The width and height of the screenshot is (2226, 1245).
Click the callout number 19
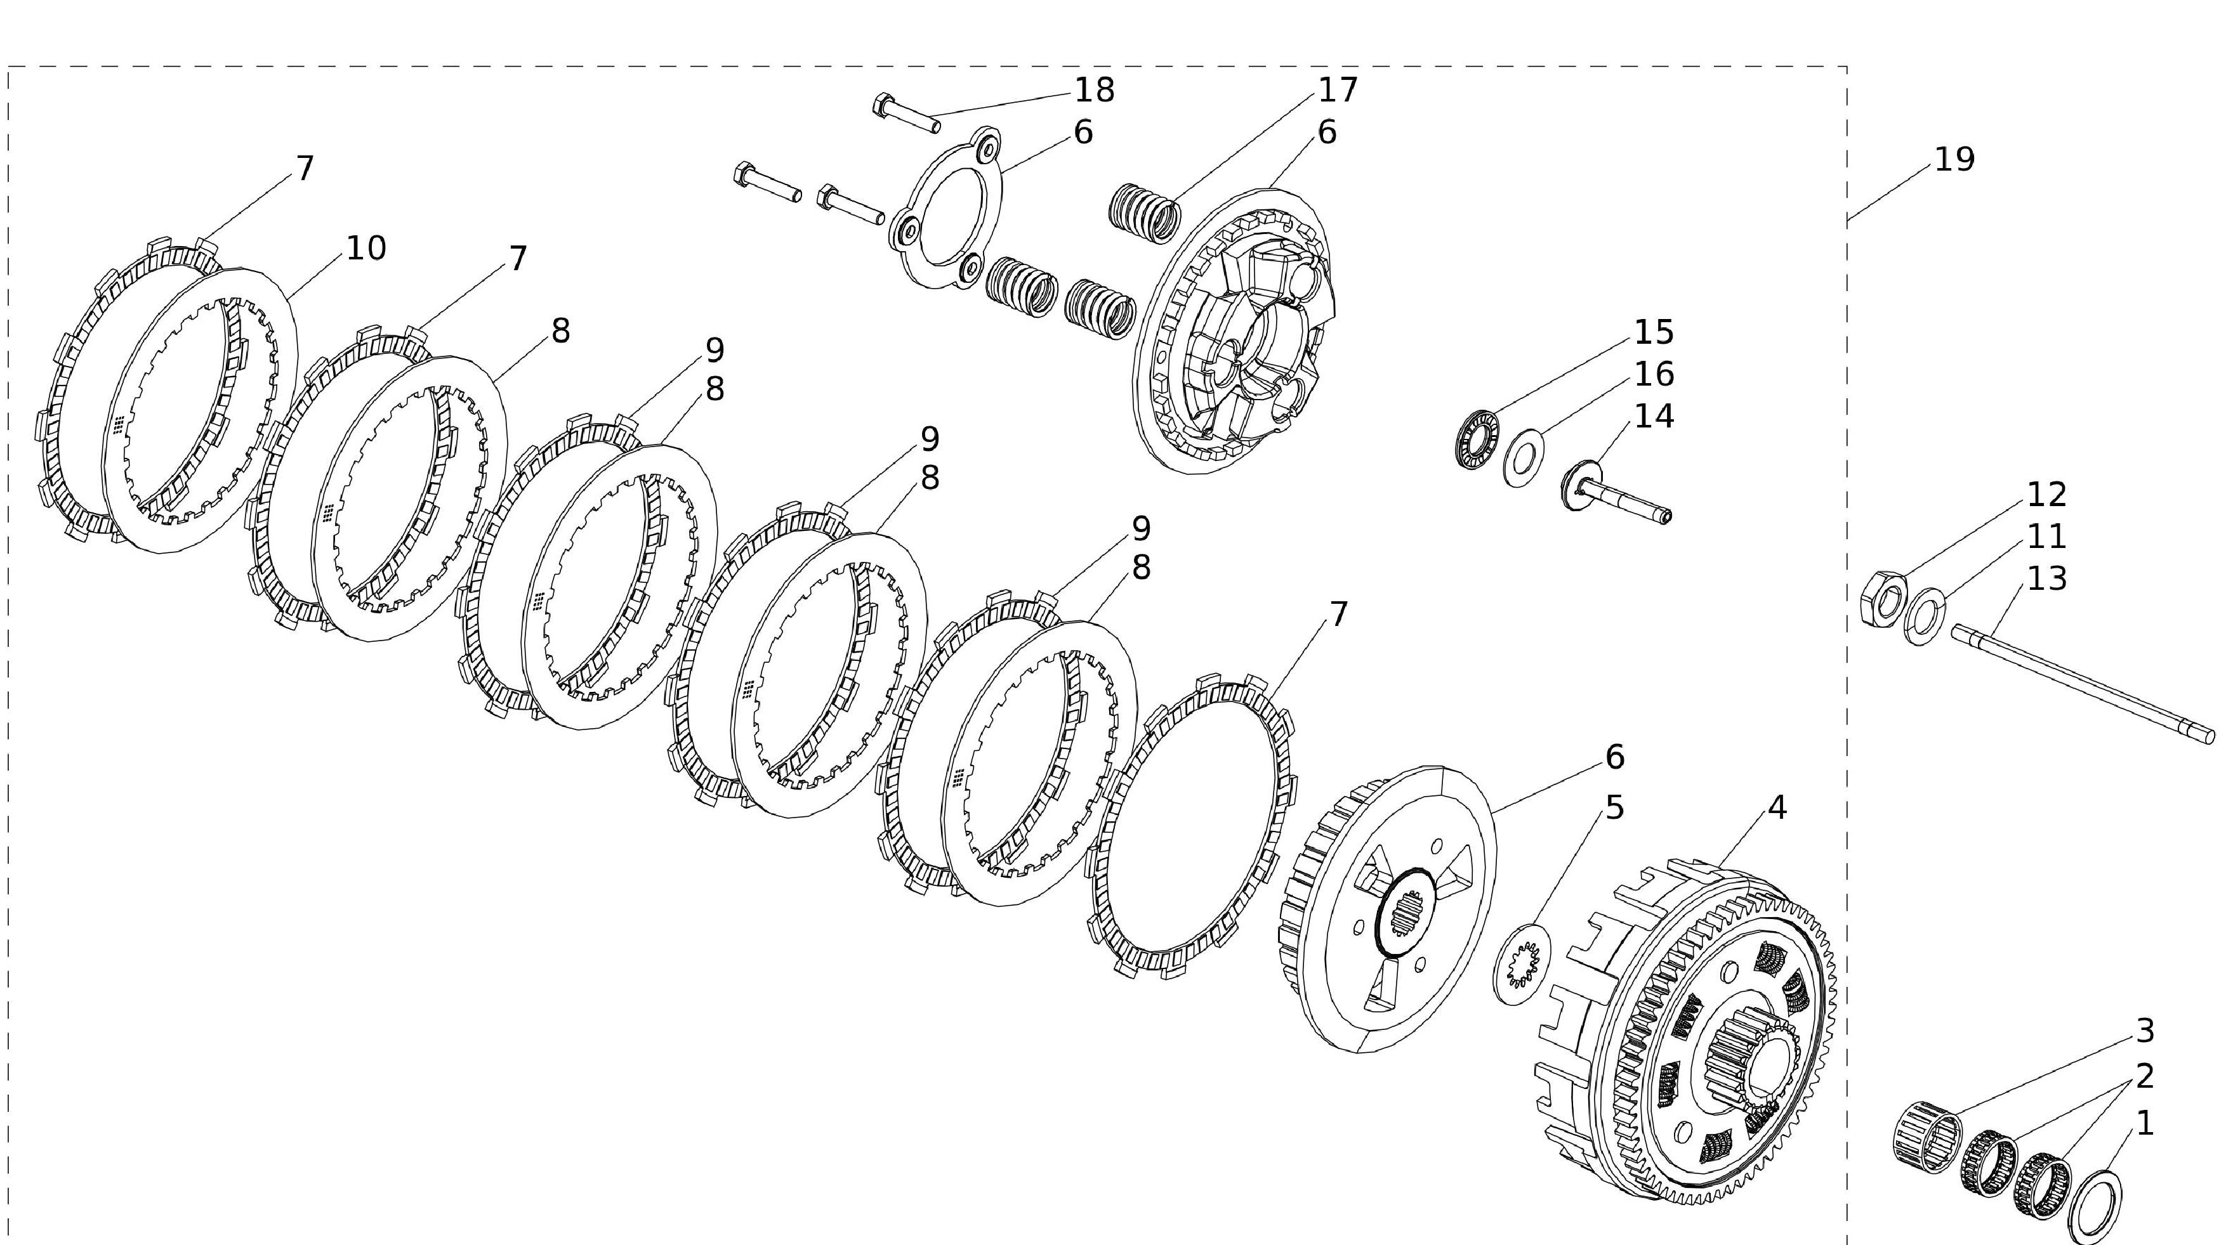[1954, 160]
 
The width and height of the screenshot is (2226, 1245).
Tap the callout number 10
[366, 249]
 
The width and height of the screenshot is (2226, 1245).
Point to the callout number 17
[1338, 89]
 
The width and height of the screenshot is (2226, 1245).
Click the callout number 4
[1777, 808]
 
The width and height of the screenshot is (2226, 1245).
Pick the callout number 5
[1614, 808]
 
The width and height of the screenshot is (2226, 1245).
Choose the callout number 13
[2046, 579]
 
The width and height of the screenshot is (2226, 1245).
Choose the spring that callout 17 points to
[1144, 210]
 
